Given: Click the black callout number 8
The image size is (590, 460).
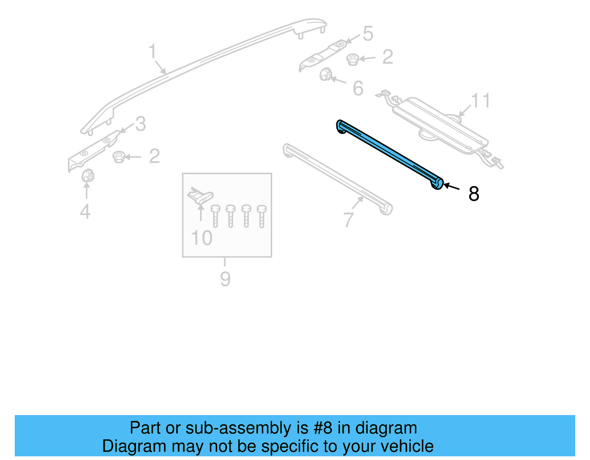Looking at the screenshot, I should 473,194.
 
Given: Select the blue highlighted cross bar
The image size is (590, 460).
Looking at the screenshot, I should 390,154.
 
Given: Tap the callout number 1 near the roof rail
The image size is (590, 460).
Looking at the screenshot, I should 152,52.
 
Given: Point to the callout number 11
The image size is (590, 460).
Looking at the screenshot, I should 480,101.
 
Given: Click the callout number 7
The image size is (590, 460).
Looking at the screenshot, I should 348,220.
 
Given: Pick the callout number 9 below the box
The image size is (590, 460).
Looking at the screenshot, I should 225,279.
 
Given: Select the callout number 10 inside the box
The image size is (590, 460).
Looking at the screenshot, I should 202,238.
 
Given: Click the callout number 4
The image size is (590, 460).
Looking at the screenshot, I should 85,211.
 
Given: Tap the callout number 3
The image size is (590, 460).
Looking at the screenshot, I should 140,124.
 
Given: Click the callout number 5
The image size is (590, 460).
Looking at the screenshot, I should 368,34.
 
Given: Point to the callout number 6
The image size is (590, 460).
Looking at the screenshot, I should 358,88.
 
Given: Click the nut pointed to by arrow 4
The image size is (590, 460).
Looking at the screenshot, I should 87,176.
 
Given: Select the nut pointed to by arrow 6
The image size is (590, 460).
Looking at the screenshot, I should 325,75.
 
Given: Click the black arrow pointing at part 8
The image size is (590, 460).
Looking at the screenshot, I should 451,187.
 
